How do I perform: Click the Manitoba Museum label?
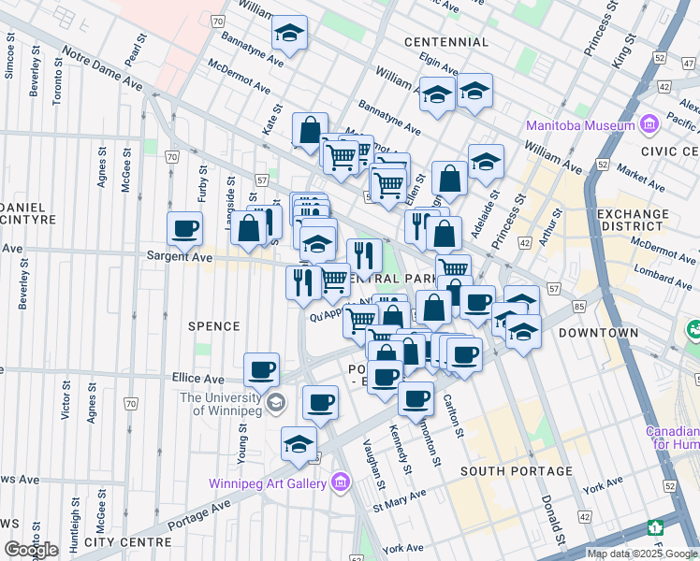pyautogui.click(x=581, y=126)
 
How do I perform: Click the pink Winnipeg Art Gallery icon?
pyautogui.click(x=340, y=483)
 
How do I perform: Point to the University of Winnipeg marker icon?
pyautogui.click(x=275, y=403)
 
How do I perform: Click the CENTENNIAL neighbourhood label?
pyautogui.click(x=446, y=42)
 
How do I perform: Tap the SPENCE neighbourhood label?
pyautogui.click(x=214, y=326)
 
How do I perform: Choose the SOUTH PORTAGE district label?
pyautogui.click(x=516, y=470)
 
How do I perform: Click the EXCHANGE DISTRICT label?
pyautogui.click(x=633, y=221)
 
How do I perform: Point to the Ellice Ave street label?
pyautogui.click(x=198, y=379)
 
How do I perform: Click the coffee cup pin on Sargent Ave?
pyautogui.click(x=185, y=228)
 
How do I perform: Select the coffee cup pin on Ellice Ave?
pyautogui.click(x=262, y=369)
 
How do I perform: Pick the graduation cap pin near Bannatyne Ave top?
pyautogui.click(x=290, y=34)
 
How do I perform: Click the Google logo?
pyautogui.click(x=31, y=550)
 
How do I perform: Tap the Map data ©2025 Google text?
pyautogui.click(x=641, y=554)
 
